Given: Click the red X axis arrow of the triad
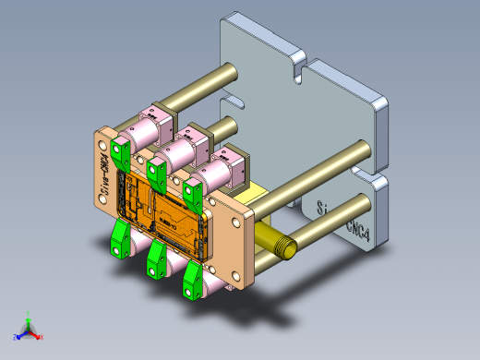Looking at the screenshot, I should click(x=39, y=336).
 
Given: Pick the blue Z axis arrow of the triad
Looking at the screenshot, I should click(x=18, y=335).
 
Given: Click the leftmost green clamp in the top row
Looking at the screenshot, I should click(x=119, y=152).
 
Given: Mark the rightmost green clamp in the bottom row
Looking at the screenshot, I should click(x=193, y=281).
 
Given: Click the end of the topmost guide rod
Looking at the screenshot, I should click(x=226, y=70).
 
